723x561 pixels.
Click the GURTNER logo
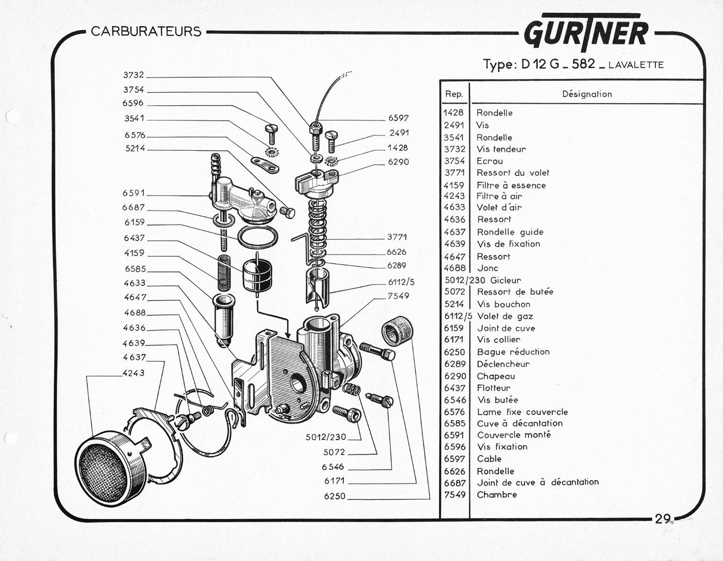586,33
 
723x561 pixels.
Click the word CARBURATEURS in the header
146,32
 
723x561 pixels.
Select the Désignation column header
587,94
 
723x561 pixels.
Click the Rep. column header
454,94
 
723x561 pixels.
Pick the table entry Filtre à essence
511,185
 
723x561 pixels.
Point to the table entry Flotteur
494,388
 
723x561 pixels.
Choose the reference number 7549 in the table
454,495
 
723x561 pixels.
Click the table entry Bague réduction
513,352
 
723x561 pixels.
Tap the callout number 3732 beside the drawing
133,75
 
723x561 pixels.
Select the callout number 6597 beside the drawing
398,118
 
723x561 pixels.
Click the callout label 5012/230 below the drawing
326,437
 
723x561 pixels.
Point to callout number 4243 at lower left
133,373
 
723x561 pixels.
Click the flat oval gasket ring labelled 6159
258,237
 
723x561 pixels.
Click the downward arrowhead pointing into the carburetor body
287,335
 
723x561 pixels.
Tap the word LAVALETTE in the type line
636,65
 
